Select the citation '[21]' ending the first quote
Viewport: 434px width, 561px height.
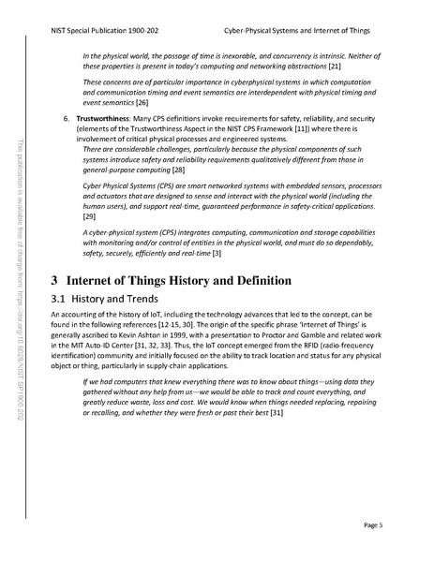[334, 67]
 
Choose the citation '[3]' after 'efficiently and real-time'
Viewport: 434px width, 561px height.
[217, 254]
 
